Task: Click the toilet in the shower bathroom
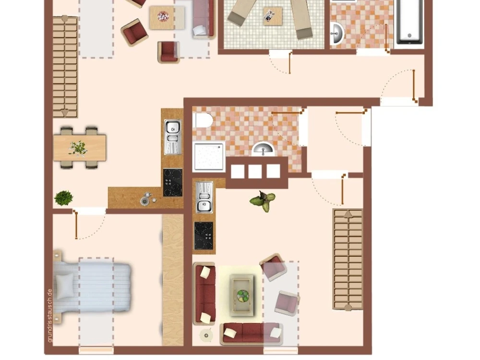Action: (203, 120)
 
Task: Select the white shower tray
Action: (209, 156)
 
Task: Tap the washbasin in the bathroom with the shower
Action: (263, 149)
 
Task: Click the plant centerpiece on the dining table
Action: (78, 147)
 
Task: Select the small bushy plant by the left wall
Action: (63, 197)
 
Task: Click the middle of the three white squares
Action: (255, 171)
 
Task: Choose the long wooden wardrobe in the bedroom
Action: (173, 280)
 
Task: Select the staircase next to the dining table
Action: (65, 66)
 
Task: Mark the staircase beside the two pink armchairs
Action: (348, 259)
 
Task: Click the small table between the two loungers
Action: (269, 15)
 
